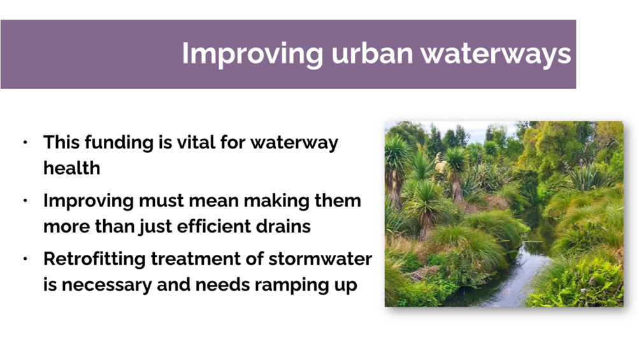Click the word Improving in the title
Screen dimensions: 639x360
coord(253,54)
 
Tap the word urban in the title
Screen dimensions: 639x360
coord(372,53)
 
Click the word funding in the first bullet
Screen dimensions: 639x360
coord(119,143)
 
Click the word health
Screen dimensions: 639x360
coord(72,168)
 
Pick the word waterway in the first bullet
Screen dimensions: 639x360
coord(294,143)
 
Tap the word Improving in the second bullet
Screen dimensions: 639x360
coord(89,201)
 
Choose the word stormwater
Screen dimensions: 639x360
coord(320,259)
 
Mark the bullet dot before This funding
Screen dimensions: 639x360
coord(25,142)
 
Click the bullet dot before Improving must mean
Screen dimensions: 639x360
coord(25,201)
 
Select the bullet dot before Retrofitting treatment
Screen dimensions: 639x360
coord(25,259)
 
